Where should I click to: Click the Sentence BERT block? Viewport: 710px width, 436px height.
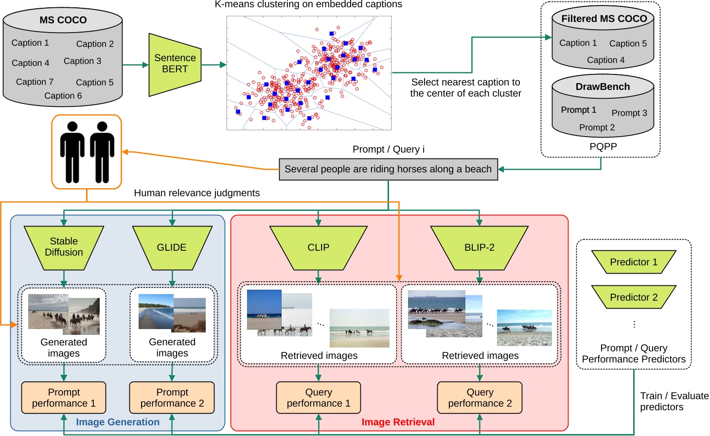point(175,64)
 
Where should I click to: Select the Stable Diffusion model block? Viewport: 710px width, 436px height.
point(64,247)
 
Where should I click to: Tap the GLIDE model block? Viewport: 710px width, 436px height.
point(172,247)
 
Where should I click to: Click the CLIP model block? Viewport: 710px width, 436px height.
point(319,247)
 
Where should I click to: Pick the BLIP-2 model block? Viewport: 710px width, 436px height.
point(479,247)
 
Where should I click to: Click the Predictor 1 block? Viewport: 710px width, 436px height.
point(634,262)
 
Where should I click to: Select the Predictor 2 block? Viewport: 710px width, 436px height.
point(634,297)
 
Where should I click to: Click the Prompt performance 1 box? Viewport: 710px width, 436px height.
point(64,398)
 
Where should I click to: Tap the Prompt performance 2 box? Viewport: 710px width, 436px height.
point(172,398)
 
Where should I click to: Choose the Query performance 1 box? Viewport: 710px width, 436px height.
point(319,398)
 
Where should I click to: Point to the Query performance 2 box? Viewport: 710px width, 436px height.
point(479,398)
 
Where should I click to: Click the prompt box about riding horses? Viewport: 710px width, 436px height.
point(388,169)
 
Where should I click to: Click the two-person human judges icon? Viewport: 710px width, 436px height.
point(87,152)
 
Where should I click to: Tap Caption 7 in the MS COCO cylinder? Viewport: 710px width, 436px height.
point(35,82)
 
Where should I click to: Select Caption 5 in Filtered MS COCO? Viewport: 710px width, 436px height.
point(628,43)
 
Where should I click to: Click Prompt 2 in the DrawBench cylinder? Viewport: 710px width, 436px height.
point(597,127)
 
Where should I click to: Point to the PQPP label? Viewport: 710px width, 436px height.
point(603,147)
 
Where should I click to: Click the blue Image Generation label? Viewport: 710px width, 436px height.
point(118,422)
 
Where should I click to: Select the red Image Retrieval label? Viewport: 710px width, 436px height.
point(398,422)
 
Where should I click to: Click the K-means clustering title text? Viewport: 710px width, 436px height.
point(308,4)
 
